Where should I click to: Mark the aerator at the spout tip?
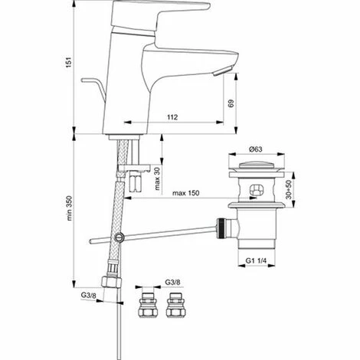point(222,71)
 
